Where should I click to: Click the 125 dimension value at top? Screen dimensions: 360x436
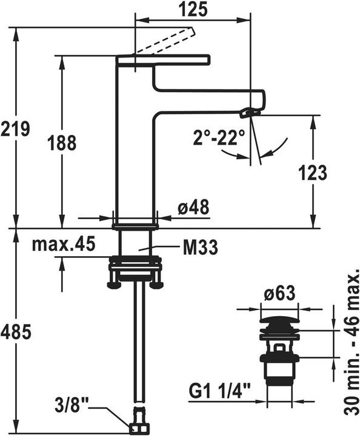click(x=193, y=9)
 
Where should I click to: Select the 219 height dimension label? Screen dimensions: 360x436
click(x=15, y=129)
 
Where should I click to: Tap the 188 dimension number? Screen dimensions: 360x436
click(x=62, y=143)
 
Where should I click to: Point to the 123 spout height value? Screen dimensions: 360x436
click(x=313, y=173)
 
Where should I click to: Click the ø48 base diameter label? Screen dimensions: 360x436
click(x=193, y=207)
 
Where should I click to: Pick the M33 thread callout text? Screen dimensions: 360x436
click(x=201, y=247)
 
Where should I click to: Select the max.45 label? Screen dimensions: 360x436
click(x=64, y=243)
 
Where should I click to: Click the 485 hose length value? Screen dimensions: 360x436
click(x=16, y=332)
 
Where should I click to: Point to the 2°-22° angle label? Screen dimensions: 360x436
click(x=219, y=137)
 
